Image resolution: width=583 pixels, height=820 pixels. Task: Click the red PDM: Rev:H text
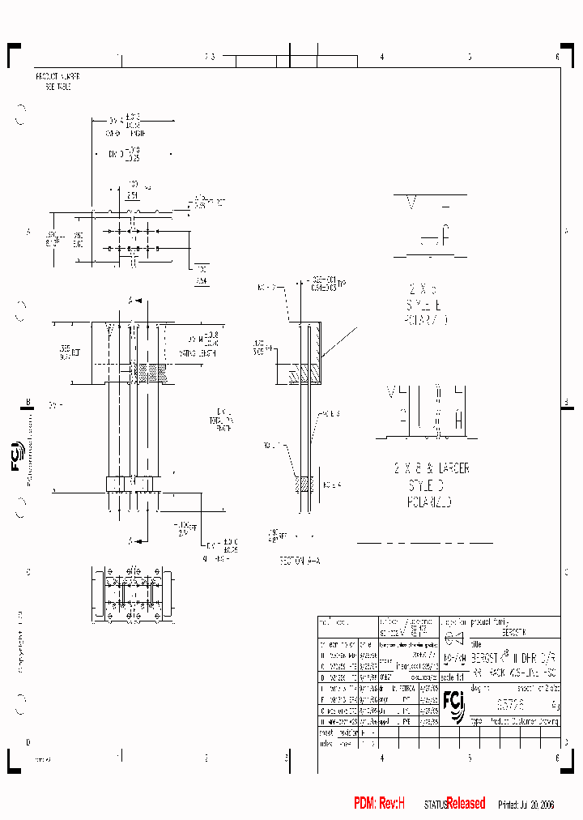(x=378, y=803)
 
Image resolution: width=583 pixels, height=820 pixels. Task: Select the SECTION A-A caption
(x=300, y=560)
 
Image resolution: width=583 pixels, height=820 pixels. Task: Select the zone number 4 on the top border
(x=381, y=57)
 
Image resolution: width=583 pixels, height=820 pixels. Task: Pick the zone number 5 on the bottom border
(x=469, y=758)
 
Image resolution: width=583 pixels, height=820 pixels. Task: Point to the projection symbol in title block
(x=454, y=636)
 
